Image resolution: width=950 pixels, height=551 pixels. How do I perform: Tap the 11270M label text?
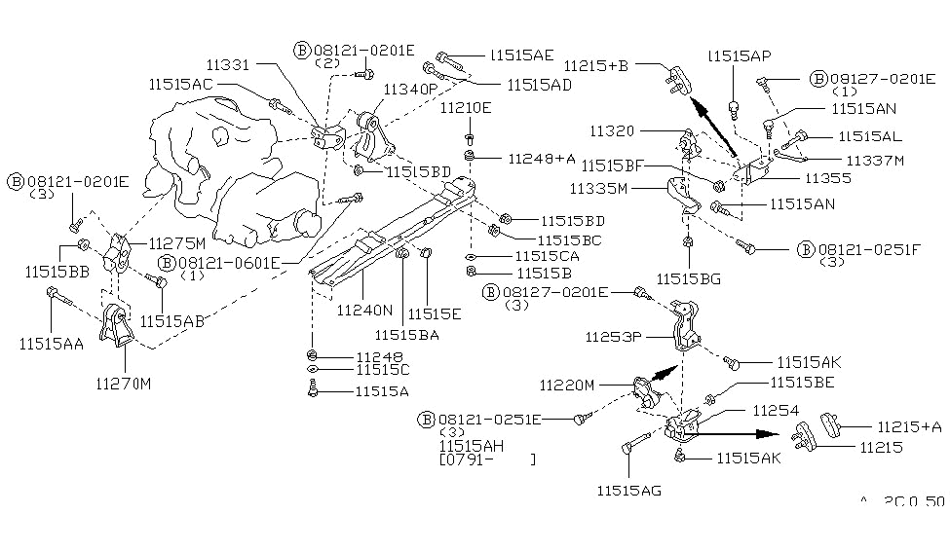tap(124, 384)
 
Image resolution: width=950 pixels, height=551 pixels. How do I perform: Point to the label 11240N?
tap(364, 312)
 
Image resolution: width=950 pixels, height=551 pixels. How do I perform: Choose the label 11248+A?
tap(542, 157)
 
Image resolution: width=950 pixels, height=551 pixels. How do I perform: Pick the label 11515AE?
tap(522, 56)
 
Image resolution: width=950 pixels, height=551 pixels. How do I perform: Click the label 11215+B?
tap(595, 65)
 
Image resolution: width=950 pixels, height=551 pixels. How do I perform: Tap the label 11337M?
tap(874, 159)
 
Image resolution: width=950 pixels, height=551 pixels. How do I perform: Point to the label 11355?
tap(827, 179)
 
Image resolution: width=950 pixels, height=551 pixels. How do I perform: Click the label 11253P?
tap(613, 337)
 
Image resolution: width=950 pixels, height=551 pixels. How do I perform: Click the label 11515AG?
tap(629, 491)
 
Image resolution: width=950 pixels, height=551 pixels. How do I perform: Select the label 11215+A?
tap(909, 425)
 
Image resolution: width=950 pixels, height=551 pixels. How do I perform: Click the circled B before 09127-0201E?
tap(819, 78)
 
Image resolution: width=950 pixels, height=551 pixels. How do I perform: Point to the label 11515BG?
tap(689, 279)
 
